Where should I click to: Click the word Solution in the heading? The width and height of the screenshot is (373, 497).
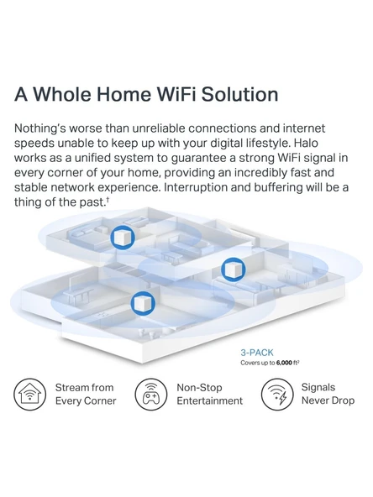(239, 94)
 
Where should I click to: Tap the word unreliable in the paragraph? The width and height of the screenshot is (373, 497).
(158, 128)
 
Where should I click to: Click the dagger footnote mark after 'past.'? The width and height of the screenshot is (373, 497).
(108, 200)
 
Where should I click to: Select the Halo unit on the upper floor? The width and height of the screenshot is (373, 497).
(123, 238)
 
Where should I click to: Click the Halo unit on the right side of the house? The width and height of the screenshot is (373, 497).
(234, 269)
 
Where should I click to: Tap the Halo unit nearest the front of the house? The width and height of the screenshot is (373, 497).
(143, 303)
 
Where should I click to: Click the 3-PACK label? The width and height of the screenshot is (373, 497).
(256, 353)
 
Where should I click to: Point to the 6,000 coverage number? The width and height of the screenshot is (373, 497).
(284, 363)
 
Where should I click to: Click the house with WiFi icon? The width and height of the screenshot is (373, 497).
(29, 395)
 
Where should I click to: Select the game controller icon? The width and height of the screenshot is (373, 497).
(151, 395)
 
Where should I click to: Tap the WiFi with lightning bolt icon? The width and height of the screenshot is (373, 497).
(277, 395)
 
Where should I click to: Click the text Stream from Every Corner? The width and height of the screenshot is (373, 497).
(86, 394)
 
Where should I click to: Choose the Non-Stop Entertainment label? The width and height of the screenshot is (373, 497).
(210, 394)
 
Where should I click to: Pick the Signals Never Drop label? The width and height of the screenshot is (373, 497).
(328, 394)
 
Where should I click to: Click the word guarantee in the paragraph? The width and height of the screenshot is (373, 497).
(201, 158)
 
